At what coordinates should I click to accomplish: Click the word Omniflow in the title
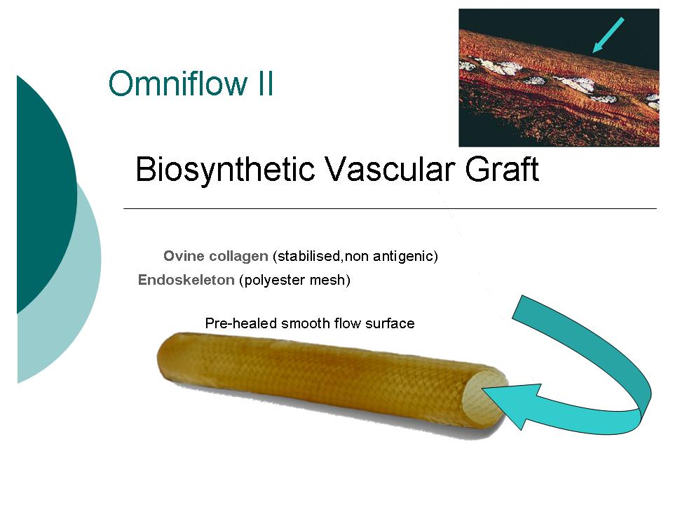coord(178,83)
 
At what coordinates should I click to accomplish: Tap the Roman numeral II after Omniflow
coord(266,83)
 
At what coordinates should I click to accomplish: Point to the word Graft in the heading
coord(502,169)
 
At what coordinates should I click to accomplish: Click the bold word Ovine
coord(184,256)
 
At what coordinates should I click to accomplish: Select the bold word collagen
coord(238,257)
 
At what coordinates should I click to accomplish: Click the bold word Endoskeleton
coord(186,280)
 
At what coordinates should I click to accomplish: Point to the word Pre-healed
coord(240,323)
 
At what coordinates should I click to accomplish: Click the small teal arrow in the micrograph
coord(609,35)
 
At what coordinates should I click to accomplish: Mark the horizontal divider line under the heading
coord(390,209)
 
